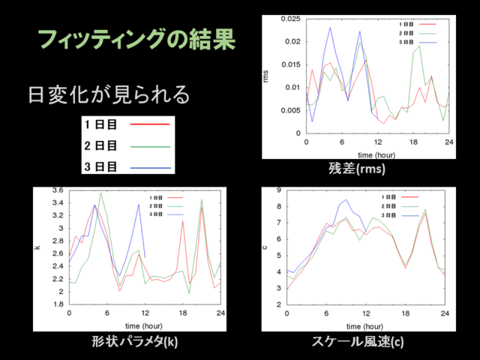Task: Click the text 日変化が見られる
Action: (x=108, y=95)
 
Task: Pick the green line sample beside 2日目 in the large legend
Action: (x=150, y=145)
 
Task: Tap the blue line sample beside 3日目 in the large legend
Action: (x=150, y=167)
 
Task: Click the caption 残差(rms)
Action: (x=356, y=169)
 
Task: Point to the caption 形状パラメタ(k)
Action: (x=134, y=342)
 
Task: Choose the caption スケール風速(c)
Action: (x=357, y=342)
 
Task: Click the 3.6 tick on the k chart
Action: (x=58, y=190)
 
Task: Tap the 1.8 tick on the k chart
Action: (x=58, y=304)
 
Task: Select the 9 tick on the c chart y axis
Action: (x=279, y=190)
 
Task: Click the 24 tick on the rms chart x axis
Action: (x=448, y=142)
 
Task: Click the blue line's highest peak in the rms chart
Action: (x=331, y=28)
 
